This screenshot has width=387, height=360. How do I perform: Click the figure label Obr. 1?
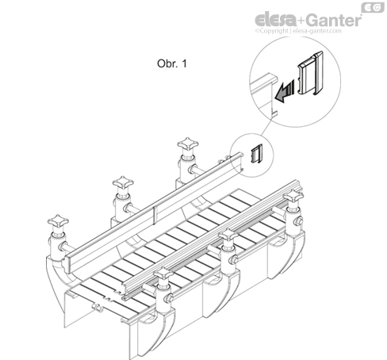(x=172, y=63)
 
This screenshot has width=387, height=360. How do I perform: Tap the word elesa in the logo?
(x=276, y=20)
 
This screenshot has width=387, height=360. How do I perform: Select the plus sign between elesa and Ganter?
(x=302, y=21)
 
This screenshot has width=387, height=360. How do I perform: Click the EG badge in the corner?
(x=373, y=7)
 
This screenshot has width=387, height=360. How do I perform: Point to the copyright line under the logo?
(x=298, y=31)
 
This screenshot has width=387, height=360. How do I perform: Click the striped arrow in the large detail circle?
(x=285, y=91)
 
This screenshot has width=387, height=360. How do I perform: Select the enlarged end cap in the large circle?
(x=311, y=73)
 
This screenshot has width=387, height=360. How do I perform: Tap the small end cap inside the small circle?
(x=257, y=154)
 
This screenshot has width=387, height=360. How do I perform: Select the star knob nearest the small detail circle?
(x=188, y=144)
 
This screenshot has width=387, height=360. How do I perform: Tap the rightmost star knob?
(x=293, y=195)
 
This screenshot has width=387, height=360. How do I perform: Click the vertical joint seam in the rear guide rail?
(x=154, y=215)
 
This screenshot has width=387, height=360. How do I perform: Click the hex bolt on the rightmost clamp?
(x=299, y=221)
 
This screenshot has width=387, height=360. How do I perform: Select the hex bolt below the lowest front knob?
(x=169, y=298)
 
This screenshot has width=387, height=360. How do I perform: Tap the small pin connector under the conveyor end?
(x=97, y=308)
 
